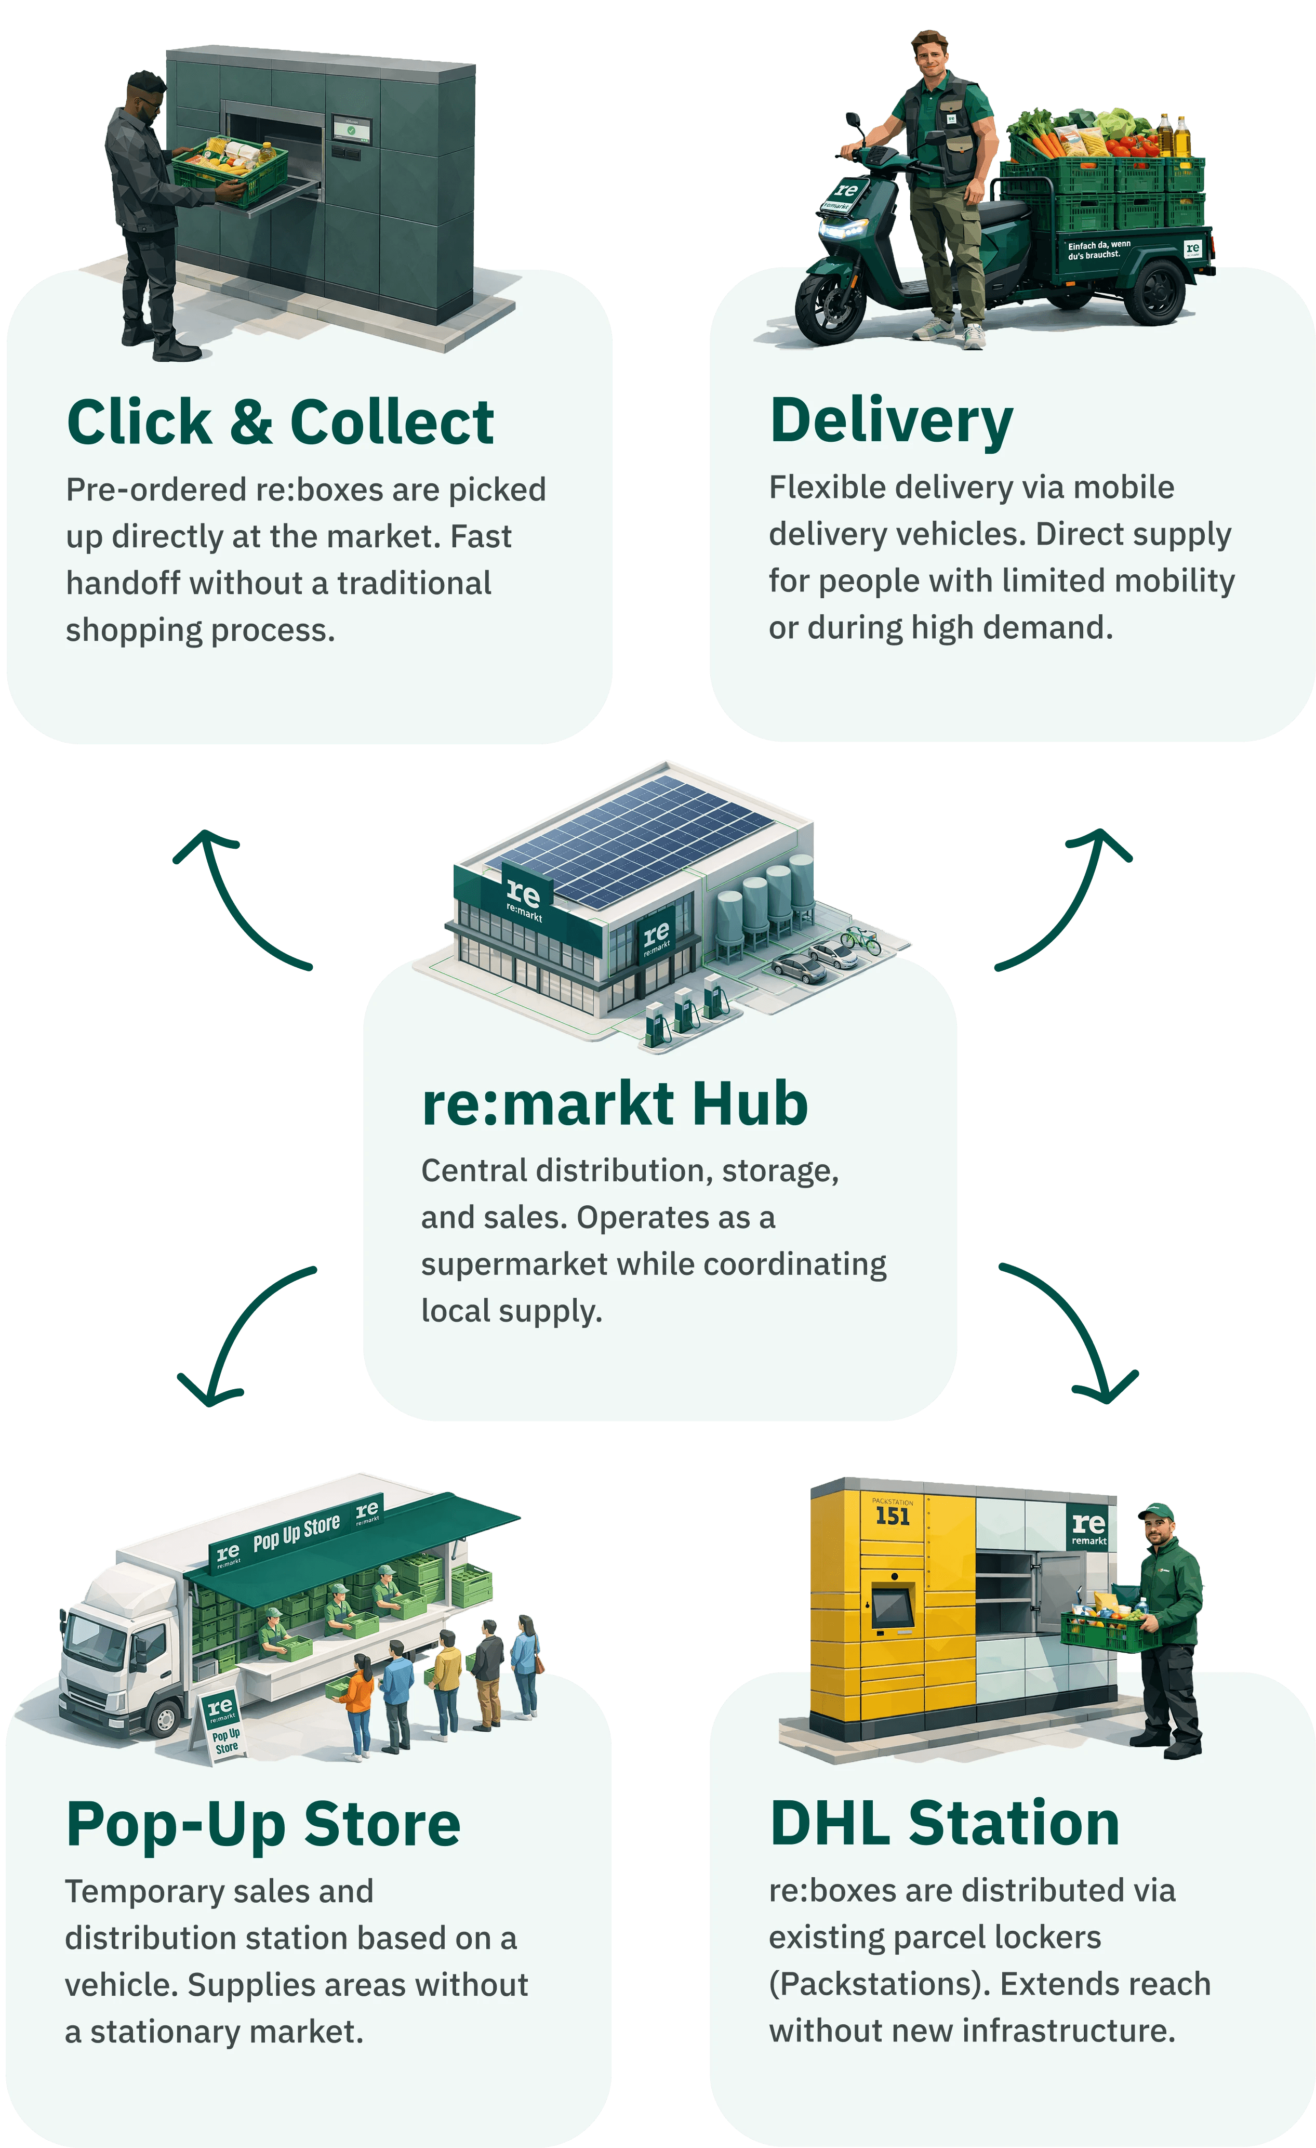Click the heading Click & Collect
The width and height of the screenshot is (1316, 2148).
click(281, 423)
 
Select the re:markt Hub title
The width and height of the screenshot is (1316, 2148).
click(615, 1104)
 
